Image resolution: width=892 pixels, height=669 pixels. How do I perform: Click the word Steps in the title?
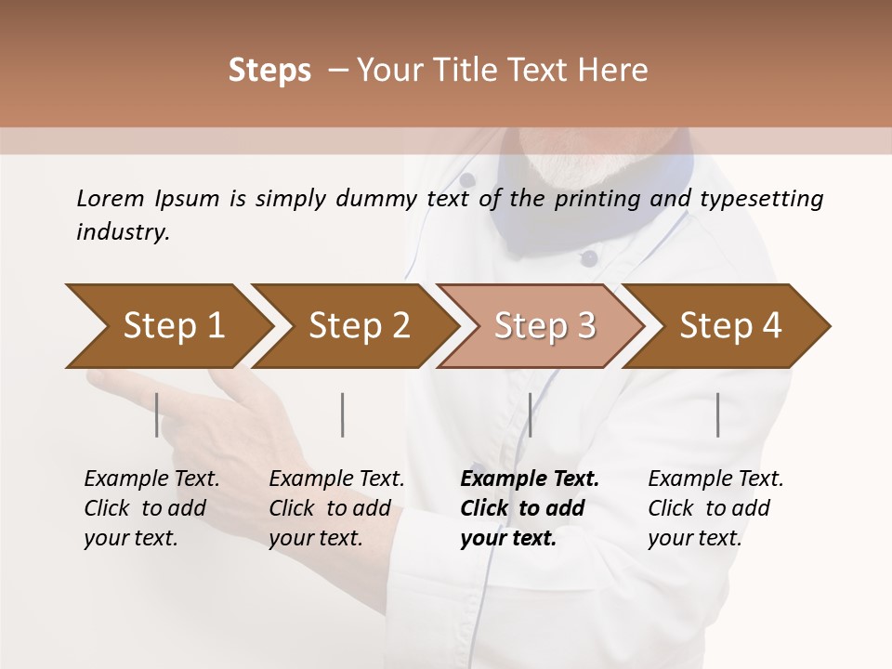269,71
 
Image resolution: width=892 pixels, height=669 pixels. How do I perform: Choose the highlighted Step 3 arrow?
544,326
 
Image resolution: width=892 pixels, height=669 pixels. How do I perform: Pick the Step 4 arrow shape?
730,326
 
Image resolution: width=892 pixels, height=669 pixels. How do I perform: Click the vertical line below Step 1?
157,414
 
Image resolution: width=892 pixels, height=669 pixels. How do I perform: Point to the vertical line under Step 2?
343,414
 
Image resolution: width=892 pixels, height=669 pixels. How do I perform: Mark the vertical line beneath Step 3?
530,414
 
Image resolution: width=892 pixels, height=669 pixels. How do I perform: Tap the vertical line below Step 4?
718,414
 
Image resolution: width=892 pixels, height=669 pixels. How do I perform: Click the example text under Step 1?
151,508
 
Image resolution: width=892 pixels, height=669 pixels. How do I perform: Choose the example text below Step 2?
336,508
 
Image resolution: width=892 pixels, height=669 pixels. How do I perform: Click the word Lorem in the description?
111,198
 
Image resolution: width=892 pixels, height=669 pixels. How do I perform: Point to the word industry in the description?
123,231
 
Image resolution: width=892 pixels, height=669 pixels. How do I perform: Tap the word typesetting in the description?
761,199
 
